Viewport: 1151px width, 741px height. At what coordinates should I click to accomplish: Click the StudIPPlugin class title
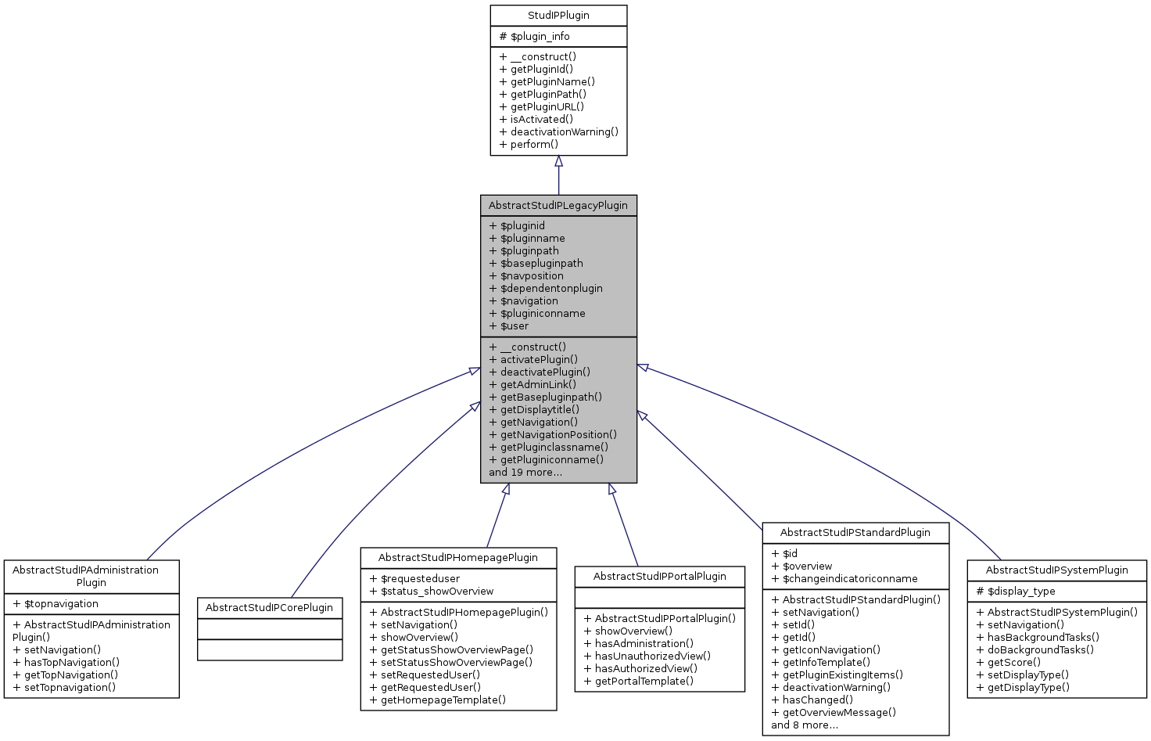point(558,16)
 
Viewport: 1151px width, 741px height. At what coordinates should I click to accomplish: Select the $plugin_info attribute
point(535,37)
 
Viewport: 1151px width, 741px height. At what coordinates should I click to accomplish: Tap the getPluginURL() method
point(542,107)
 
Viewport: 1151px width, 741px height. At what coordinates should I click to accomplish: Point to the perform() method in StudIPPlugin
point(529,145)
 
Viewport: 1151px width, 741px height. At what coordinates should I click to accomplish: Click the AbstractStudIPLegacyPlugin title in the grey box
point(558,206)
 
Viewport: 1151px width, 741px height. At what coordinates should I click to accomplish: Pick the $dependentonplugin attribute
point(546,289)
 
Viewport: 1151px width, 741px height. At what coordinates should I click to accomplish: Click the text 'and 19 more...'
point(525,473)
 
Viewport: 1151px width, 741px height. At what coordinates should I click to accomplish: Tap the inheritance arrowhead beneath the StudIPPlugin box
point(558,161)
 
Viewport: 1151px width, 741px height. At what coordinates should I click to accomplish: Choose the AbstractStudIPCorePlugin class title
point(270,608)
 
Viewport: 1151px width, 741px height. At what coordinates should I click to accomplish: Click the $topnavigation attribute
point(56,604)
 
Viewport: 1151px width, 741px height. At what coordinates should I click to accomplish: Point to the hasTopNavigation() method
point(66,663)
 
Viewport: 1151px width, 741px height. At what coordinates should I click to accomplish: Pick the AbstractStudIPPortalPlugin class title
point(660,577)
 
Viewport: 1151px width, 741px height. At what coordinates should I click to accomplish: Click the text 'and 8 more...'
point(805,725)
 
